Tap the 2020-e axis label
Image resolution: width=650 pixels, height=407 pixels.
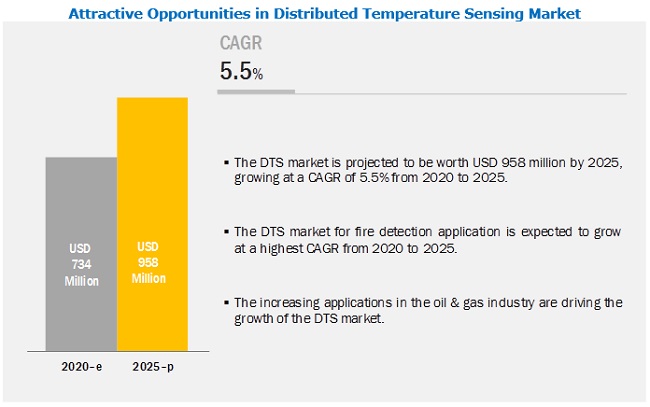81,367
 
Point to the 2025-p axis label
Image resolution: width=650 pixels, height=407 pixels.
152,367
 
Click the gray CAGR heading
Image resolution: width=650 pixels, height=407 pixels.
240,44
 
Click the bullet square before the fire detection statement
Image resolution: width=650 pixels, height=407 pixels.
226,232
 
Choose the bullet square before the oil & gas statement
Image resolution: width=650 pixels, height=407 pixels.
226,302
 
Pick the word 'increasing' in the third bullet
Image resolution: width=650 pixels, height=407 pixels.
289,301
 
